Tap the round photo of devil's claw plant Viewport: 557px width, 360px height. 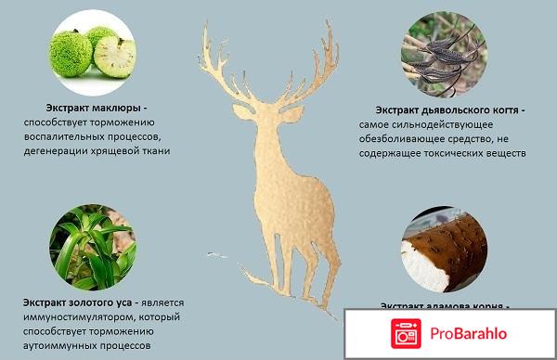click(438, 53)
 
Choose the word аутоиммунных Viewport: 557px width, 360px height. click(63, 344)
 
